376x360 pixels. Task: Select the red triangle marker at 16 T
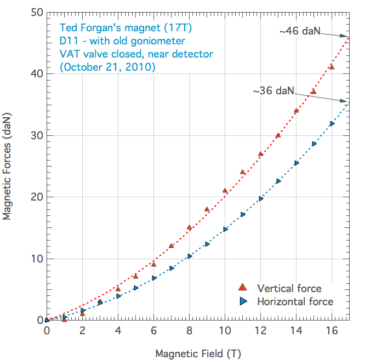332,67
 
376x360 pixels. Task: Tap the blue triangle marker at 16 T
332,123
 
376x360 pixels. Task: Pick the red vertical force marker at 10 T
225,191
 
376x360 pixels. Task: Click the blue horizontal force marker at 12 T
261,198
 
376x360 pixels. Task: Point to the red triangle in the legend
243,288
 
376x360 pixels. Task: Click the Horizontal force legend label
295,301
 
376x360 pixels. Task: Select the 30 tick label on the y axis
36,135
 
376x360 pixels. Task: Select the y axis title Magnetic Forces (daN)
7,167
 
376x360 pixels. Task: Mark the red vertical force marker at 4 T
118,288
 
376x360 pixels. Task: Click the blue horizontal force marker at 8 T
190,256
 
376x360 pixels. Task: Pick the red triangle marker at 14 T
296,111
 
